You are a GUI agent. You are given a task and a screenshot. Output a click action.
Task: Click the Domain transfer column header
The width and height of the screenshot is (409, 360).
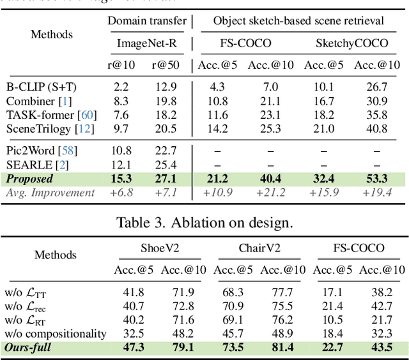point(147,21)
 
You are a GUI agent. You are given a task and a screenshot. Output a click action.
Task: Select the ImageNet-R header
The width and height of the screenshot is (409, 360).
point(147,44)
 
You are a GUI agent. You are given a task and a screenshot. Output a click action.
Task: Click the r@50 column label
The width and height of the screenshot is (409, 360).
point(166,65)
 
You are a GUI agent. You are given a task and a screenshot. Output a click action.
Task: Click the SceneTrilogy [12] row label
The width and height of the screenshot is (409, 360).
point(50,128)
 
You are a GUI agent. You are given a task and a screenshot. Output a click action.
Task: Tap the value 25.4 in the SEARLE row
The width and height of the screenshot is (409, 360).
point(166,165)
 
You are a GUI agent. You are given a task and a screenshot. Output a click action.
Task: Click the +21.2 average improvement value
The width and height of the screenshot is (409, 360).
point(270,192)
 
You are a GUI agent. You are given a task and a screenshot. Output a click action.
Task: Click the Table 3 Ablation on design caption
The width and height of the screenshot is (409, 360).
point(204,223)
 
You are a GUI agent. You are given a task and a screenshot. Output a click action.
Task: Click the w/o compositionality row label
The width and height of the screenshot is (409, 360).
point(56,333)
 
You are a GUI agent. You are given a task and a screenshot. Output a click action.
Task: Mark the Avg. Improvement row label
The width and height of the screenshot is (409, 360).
point(49,192)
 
